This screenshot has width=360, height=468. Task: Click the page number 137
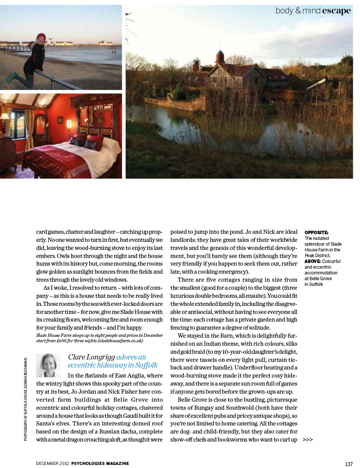coord(349,464)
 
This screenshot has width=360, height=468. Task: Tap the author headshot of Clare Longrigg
coord(48,365)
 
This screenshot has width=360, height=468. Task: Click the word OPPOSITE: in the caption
coord(316,233)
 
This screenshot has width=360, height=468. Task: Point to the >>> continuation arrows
coord(308,440)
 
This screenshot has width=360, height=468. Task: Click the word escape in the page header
coord(336,11)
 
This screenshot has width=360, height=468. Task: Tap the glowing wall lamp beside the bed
coord(69,124)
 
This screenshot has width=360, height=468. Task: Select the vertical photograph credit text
coord(26,399)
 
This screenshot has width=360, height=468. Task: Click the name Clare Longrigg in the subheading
coord(91,357)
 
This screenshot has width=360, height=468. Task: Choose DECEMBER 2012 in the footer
coord(52,463)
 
